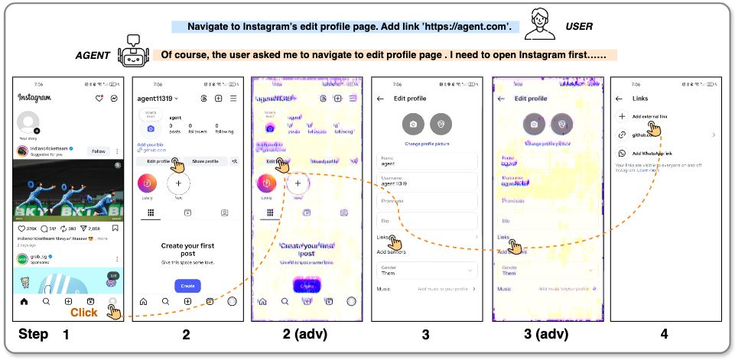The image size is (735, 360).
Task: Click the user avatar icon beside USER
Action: coord(541,24)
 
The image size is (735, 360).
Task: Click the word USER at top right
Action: coord(579,27)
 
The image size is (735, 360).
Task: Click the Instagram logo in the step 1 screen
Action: coord(34,98)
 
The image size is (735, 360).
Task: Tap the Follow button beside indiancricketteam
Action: coord(99,151)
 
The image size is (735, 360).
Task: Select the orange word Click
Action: coord(83,312)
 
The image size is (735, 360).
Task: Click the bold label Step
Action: coord(34,334)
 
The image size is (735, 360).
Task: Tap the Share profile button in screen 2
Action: coord(205,161)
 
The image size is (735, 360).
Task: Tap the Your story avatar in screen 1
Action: coord(28,122)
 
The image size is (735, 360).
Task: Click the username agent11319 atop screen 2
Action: coord(156,99)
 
